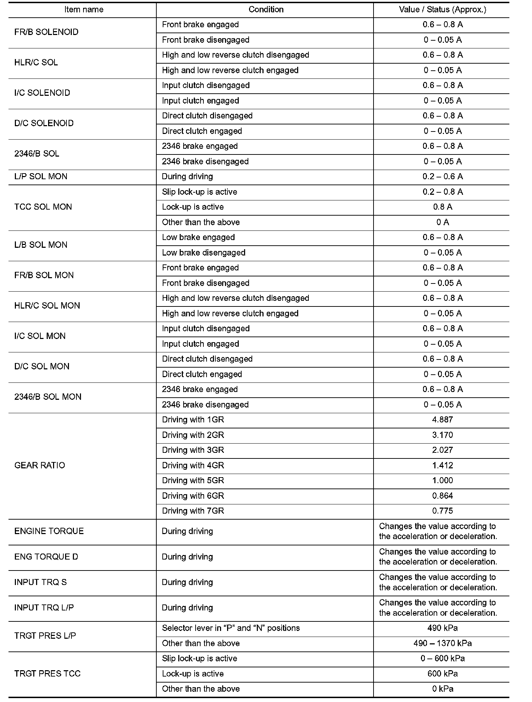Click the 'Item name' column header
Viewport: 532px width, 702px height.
[x=84, y=10]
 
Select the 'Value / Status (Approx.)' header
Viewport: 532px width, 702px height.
[x=443, y=10]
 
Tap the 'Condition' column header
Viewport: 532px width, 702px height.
[x=266, y=10]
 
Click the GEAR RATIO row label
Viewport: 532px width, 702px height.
[x=40, y=465]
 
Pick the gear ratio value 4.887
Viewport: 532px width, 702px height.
[x=443, y=420]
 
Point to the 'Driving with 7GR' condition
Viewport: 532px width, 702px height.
[x=193, y=511]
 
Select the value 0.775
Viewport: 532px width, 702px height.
[x=443, y=511]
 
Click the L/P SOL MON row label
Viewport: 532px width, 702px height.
[x=41, y=176]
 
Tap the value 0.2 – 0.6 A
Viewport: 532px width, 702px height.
[x=443, y=176]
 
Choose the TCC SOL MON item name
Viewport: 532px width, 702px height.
[x=43, y=207]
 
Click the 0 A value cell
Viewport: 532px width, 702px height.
[x=443, y=222]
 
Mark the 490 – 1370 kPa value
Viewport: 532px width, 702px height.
[x=443, y=643]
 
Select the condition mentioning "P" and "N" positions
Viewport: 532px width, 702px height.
[x=231, y=628]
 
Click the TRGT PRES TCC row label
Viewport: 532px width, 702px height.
[x=47, y=673]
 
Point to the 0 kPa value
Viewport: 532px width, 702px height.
[x=443, y=689]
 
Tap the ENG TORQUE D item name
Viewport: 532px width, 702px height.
[x=46, y=557]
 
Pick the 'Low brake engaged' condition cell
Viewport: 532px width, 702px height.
[x=198, y=237]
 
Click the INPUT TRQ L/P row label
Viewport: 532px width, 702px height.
[x=44, y=608]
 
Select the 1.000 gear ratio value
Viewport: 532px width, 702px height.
[x=443, y=480]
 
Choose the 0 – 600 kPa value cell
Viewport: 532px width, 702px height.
[x=443, y=658]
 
